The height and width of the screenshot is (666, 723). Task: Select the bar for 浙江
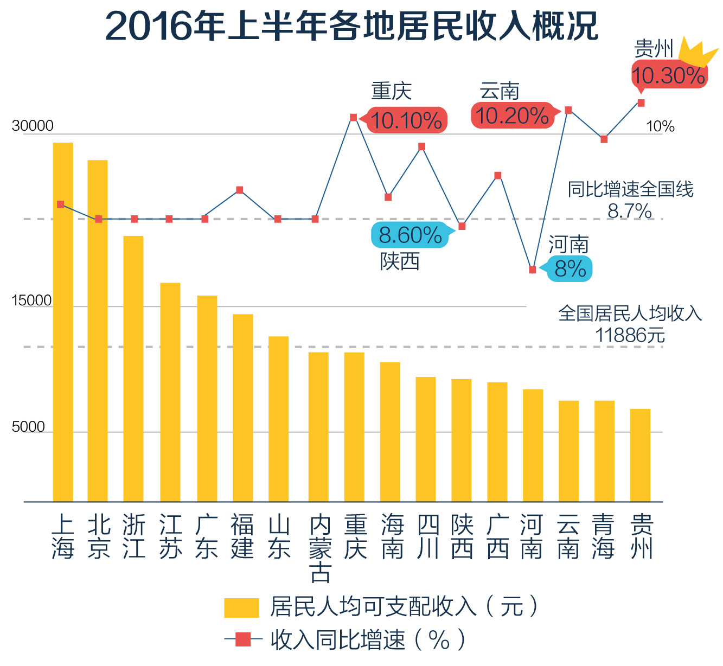point(133,369)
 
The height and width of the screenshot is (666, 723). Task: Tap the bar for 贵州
point(640,455)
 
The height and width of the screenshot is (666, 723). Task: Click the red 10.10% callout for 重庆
point(407,120)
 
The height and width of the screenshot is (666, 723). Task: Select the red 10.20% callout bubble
point(512,116)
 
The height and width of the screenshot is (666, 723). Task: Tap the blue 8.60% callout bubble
point(410,235)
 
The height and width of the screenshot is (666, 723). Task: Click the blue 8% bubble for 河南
point(570,269)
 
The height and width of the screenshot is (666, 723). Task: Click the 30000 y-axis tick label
point(33,126)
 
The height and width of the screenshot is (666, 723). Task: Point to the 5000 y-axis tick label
point(28,427)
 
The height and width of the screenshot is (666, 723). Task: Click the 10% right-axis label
point(660,127)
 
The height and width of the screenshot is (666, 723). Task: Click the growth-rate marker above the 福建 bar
point(240,190)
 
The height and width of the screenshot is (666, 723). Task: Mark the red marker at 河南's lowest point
point(533,270)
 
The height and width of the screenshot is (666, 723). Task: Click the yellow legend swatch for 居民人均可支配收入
point(241,607)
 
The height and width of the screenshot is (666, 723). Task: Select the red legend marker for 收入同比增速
point(242,640)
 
